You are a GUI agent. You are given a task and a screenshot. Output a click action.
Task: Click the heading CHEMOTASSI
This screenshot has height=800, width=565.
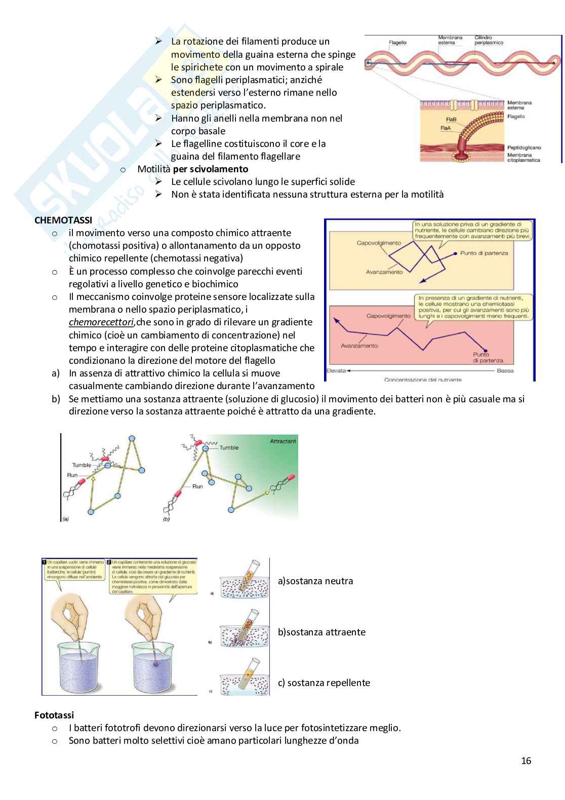point(63,220)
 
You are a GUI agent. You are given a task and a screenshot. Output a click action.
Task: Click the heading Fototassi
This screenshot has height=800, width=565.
point(54,715)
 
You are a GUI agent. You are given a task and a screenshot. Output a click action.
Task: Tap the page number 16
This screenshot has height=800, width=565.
point(526,760)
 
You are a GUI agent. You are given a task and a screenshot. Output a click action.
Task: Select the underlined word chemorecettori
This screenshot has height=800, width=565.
point(101,322)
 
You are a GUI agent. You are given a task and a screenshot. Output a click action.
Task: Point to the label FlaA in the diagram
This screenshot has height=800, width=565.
point(445,128)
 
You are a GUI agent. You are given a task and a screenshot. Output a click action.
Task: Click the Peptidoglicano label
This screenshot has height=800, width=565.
point(524,147)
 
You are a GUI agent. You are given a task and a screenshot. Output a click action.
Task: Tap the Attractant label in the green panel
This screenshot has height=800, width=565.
point(282,441)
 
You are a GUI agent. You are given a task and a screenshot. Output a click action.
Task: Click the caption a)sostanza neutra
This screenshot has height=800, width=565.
point(315,581)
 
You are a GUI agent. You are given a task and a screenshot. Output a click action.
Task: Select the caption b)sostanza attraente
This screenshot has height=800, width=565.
point(321,632)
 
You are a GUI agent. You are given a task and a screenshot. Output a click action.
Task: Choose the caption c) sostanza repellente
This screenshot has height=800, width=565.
point(324,682)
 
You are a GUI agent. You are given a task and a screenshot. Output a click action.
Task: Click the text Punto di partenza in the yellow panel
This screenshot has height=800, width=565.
point(483,253)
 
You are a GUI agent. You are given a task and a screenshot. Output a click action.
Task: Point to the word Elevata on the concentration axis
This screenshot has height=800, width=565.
point(336,370)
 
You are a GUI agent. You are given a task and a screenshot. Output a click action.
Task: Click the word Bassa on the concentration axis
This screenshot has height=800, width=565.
point(505,370)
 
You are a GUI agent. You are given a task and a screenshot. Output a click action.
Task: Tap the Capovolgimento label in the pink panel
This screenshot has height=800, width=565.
point(388,316)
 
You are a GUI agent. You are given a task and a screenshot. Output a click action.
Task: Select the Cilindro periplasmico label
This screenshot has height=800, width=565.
point(489,40)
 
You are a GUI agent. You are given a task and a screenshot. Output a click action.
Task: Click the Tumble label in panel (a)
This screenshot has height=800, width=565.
point(82,465)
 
